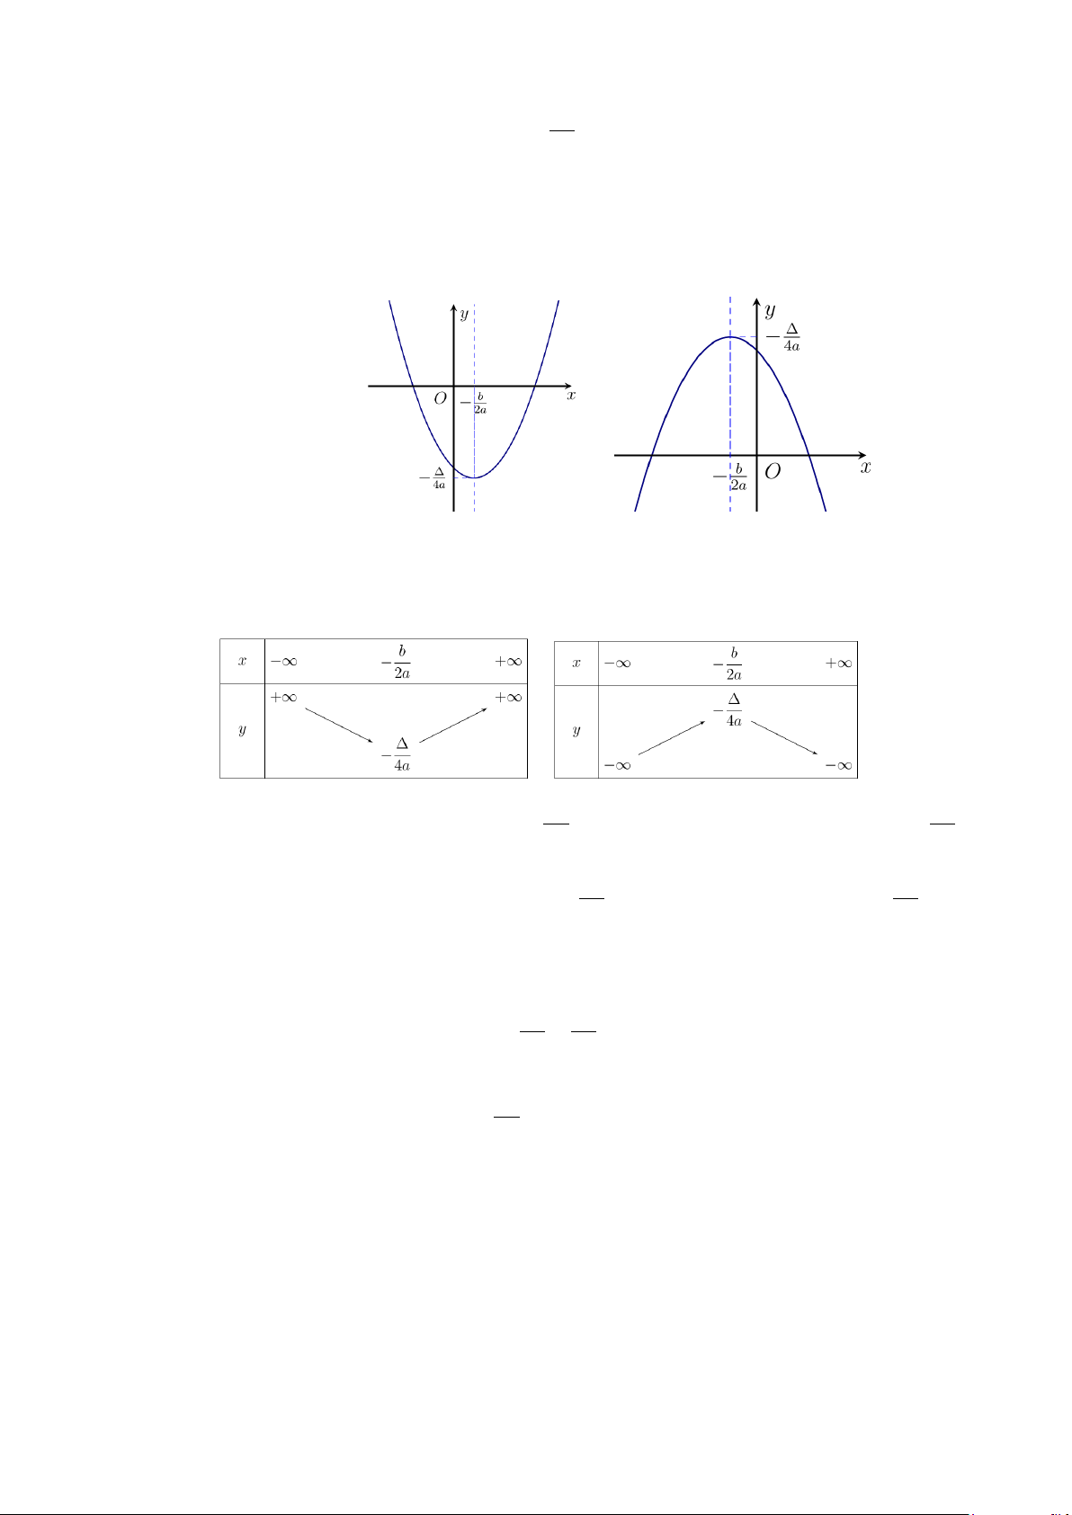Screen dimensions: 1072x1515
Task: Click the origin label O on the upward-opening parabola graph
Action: tap(441, 398)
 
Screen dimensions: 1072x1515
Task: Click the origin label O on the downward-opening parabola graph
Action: tap(773, 471)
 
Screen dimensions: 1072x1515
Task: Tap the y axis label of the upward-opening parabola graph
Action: tap(464, 314)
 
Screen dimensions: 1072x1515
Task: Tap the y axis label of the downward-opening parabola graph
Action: tap(770, 310)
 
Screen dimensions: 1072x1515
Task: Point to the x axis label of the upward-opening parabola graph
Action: tap(571, 395)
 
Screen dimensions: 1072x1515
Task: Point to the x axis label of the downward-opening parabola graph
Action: tap(866, 468)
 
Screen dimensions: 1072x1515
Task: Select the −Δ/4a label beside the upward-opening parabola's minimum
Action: tap(433, 478)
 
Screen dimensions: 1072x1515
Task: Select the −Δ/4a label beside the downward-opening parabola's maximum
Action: tap(784, 337)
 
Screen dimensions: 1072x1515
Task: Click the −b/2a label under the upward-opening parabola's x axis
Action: tap(473, 403)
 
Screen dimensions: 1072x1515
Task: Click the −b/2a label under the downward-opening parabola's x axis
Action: tap(730, 477)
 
